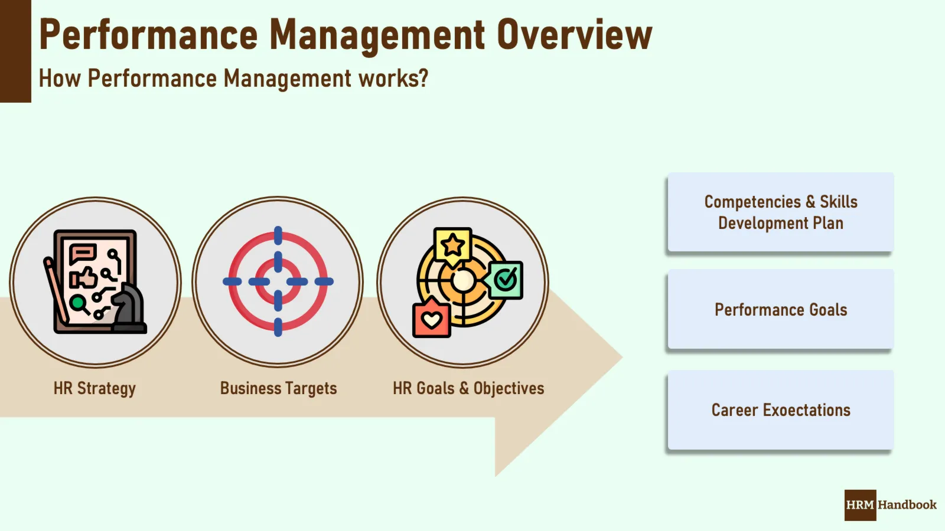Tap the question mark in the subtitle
422,78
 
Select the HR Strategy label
94,388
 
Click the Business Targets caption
278,388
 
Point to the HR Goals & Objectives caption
468,388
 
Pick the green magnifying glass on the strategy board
78,304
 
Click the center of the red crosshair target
278,281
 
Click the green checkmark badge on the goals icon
506,280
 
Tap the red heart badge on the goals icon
432,320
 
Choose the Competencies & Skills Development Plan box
780,212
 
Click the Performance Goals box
780,310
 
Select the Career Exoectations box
780,410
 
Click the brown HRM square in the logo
860,505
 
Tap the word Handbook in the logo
907,505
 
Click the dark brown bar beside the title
15,51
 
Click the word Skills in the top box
838,202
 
